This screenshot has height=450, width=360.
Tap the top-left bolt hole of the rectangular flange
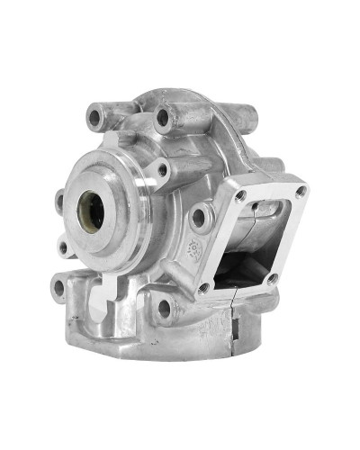(240, 194)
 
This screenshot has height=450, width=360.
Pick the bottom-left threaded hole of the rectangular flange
(204, 288)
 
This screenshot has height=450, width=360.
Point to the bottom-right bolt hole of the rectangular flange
(272, 279)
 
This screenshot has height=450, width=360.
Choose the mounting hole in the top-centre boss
(163, 117)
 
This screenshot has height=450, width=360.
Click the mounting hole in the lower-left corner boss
(59, 288)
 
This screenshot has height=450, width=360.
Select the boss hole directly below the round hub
(165, 308)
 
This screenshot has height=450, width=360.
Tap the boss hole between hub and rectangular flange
(199, 216)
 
